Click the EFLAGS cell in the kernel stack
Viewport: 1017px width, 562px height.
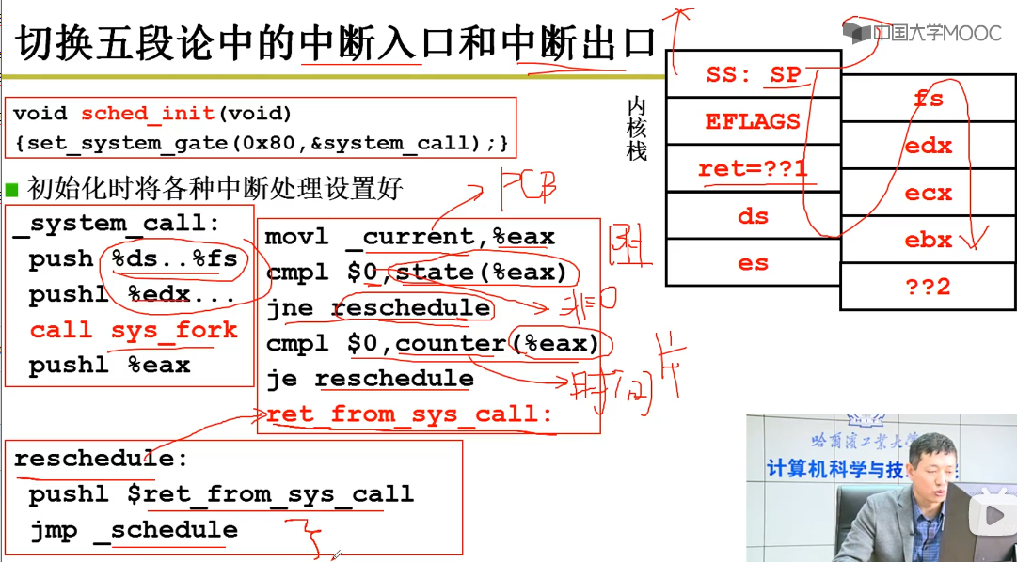click(x=753, y=121)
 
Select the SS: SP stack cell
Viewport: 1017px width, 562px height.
click(x=753, y=74)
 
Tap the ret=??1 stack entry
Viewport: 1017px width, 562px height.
click(x=753, y=169)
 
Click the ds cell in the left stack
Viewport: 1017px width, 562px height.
click(x=753, y=216)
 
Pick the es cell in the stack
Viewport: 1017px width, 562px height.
click(x=753, y=263)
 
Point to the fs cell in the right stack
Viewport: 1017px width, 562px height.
click(x=928, y=99)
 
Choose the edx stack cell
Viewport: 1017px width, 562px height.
click(x=928, y=146)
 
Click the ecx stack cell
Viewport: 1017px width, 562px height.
click(x=928, y=193)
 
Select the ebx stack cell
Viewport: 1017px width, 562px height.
click(x=928, y=240)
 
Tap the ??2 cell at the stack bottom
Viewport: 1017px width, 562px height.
click(x=928, y=287)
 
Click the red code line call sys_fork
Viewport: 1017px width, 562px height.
click(x=134, y=330)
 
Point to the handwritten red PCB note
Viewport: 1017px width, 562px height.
click(x=527, y=188)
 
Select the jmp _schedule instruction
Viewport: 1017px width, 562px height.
click(x=134, y=530)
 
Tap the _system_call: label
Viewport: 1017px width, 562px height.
click(x=117, y=224)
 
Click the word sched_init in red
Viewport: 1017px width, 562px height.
click(x=148, y=114)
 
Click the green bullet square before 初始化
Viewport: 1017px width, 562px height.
click(x=12, y=189)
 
